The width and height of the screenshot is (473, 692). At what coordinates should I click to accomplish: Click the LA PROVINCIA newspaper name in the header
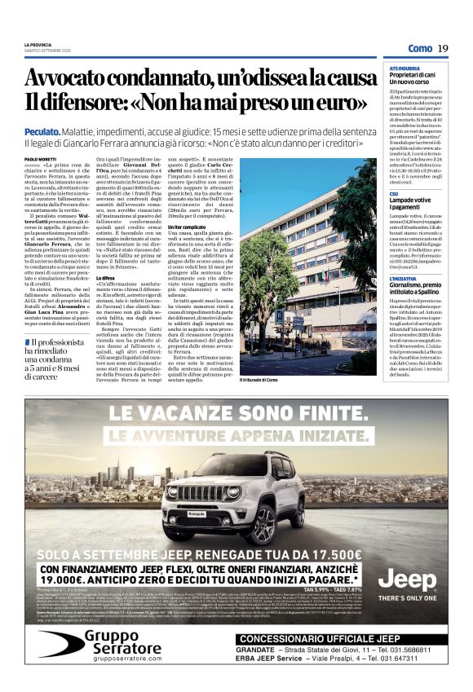point(38,44)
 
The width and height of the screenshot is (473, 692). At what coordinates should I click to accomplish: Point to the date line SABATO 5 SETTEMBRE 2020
point(45,50)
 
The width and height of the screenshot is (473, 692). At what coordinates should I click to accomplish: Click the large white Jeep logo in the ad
point(408,580)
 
